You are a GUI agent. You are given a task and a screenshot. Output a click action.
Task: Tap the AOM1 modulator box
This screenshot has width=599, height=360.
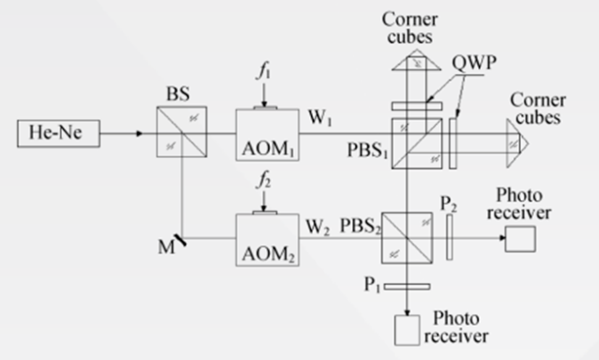266,133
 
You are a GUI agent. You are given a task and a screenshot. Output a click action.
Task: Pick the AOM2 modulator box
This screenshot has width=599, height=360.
266,237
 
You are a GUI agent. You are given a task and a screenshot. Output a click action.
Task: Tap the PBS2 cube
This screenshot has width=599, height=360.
407,237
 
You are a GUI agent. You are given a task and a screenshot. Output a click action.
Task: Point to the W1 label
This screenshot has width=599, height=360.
318,116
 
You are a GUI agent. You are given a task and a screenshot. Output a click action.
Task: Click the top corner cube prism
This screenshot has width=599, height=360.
407,60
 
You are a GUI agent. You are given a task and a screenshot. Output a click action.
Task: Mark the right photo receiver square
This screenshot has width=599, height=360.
519,238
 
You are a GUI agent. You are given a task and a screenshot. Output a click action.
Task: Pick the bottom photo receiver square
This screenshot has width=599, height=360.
407,331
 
